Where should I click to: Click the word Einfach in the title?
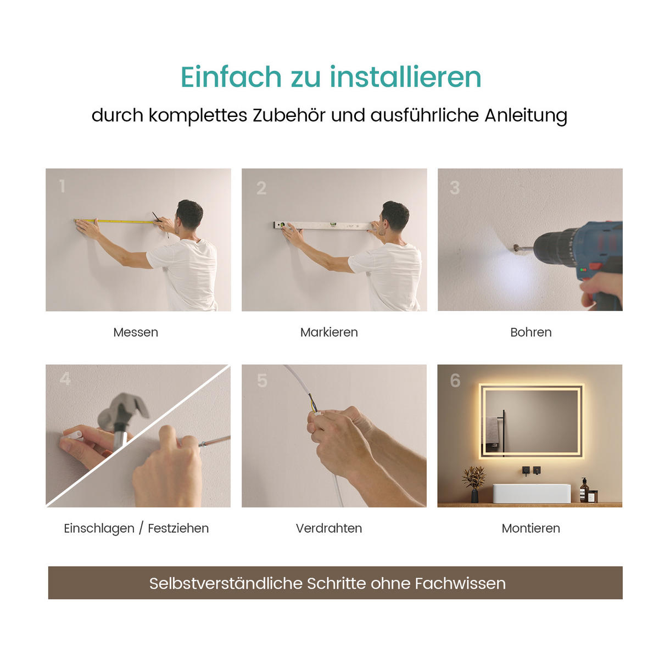[231, 76]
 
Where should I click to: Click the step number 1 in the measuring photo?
[62, 187]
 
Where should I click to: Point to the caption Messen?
[136, 332]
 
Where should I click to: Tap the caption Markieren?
[329, 332]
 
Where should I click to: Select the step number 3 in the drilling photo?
[455, 188]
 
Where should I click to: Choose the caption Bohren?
[530, 332]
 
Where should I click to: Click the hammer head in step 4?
[124, 409]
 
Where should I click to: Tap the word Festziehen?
[178, 528]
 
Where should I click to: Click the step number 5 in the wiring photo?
[262, 381]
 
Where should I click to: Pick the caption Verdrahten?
[329, 528]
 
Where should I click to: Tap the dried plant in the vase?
[474, 477]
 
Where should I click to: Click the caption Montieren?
[530, 528]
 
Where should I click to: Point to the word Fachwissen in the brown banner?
[460, 583]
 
